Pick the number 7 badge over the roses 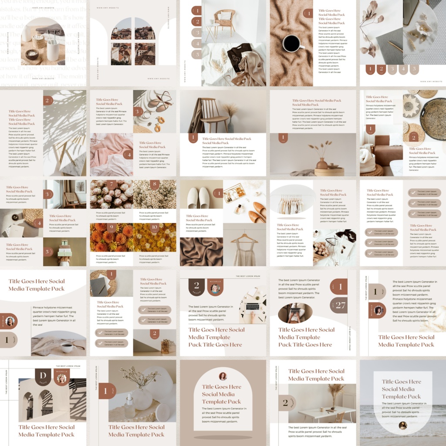[112, 185]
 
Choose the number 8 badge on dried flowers [154, 185]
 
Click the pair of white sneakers [198, 198]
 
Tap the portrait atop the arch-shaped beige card [223, 376]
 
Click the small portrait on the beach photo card [403, 425]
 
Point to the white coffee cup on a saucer [68, 347]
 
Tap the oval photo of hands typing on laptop [295, 312]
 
